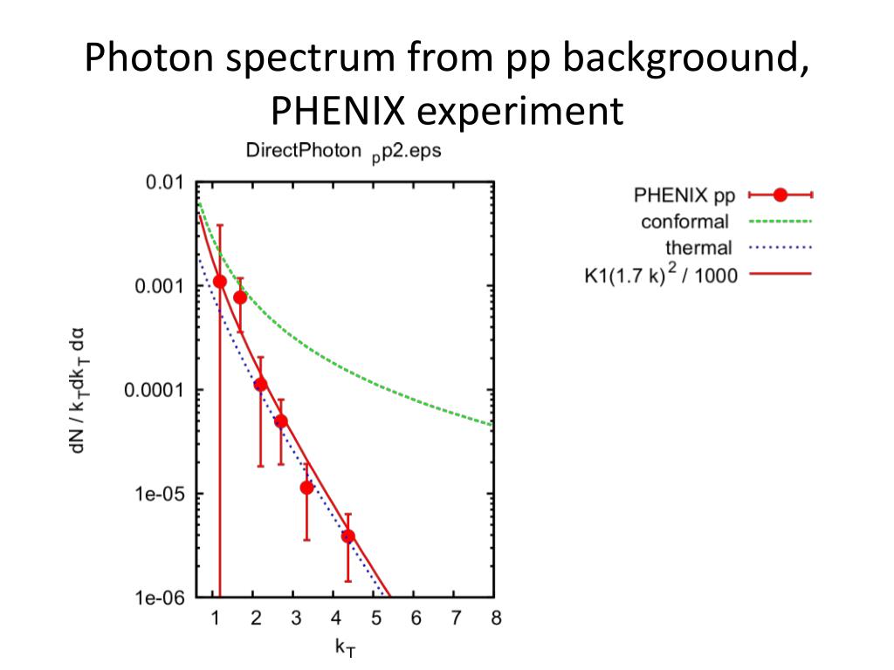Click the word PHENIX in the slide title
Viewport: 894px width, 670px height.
point(336,112)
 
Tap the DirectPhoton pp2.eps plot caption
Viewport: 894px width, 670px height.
point(343,151)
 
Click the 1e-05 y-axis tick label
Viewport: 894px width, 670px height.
point(159,494)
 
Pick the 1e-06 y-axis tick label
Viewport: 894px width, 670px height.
point(159,598)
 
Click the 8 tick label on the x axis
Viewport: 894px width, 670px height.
point(496,619)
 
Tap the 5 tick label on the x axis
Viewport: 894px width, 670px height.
point(375,619)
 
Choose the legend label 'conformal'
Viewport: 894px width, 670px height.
point(685,222)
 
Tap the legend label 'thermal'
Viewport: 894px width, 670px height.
point(698,249)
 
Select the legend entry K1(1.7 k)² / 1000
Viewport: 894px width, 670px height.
point(661,275)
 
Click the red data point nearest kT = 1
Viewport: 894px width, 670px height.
point(220,281)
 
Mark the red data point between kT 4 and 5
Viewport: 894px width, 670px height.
point(347,536)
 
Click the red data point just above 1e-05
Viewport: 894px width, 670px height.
point(306,488)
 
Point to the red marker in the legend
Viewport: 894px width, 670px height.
point(781,195)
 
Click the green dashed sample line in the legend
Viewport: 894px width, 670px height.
point(781,222)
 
